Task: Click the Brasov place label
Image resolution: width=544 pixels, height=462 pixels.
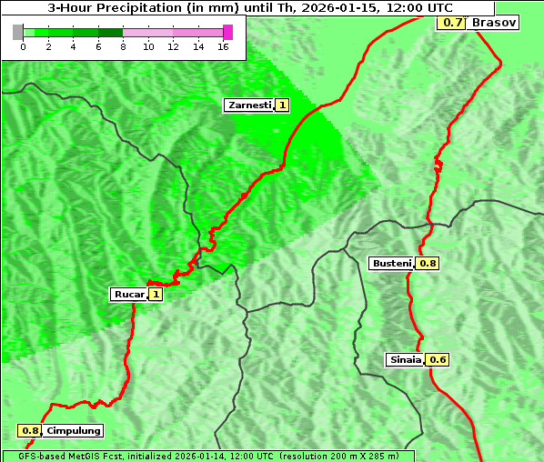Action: tap(494, 22)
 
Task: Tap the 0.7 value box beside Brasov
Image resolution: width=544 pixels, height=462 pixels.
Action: tap(451, 22)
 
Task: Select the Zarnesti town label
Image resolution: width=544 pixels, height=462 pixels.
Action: tap(249, 105)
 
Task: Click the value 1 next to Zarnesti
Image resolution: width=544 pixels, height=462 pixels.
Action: tap(282, 105)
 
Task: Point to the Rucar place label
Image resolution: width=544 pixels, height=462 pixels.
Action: tap(129, 294)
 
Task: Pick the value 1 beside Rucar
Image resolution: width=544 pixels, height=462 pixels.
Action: tap(156, 294)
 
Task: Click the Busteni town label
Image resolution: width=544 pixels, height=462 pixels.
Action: tap(392, 263)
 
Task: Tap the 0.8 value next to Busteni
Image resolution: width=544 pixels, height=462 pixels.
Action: tap(428, 263)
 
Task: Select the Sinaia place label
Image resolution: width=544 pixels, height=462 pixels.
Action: tap(406, 359)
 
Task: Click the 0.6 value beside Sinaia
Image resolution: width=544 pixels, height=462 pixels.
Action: tap(438, 359)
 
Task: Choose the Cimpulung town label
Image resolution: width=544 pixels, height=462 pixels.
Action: tap(73, 430)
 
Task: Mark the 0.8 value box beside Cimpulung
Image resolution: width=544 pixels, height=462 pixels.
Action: tap(30, 430)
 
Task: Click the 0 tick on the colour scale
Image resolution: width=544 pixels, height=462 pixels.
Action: tap(23, 47)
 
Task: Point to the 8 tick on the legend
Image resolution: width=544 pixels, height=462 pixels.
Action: tap(123, 47)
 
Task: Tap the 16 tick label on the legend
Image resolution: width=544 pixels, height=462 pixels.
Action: tap(222, 47)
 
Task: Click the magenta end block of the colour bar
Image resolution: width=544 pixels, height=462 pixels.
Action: tap(227, 32)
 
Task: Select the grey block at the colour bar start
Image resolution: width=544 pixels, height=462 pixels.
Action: tap(18, 32)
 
